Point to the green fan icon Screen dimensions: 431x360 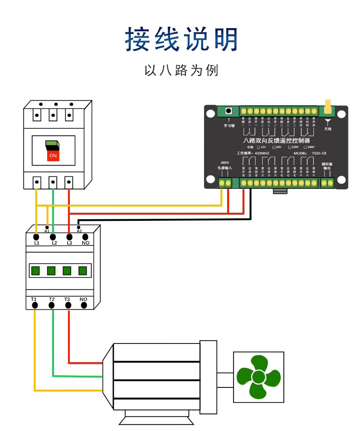258,377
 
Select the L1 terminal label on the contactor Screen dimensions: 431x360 37,243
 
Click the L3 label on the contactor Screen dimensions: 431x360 69,243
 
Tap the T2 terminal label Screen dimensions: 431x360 52,299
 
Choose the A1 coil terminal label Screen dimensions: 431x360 47,231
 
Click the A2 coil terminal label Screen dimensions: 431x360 79,231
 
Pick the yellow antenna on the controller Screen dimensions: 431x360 327,106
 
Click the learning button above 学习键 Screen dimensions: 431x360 229,111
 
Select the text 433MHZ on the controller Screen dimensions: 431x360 262,154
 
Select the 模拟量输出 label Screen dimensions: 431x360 327,166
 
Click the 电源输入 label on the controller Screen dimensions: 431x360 224,168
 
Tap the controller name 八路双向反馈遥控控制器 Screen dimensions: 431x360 277,141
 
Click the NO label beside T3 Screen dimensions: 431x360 83,299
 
